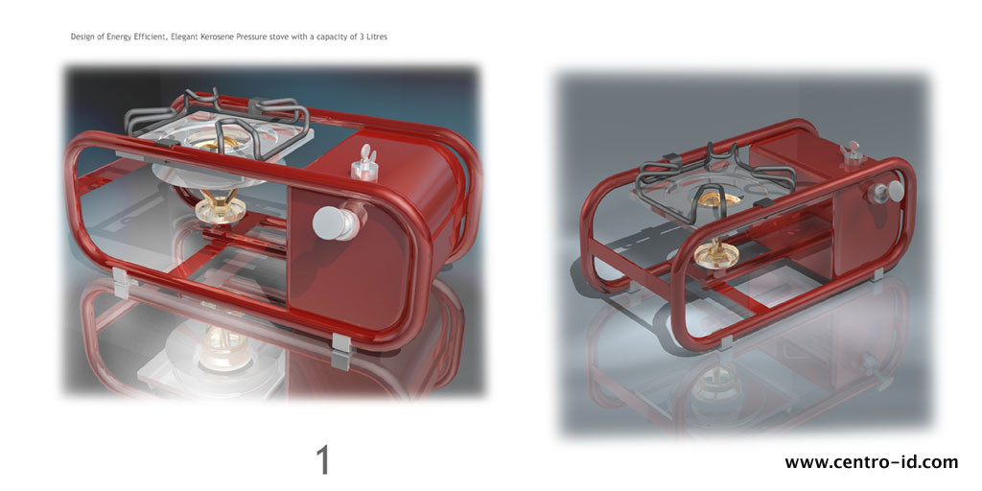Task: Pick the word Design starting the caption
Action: pyautogui.click(x=83, y=36)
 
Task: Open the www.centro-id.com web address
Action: pyautogui.click(x=871, y=462)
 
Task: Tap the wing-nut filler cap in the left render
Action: pyautogui.click(x=363, y=163)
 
